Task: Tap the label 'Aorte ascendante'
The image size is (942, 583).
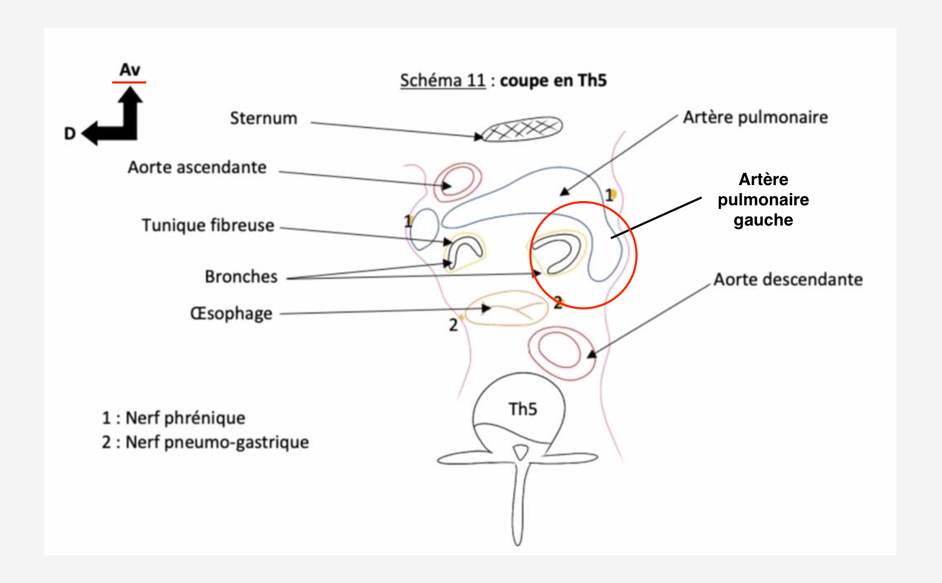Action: (197, 168)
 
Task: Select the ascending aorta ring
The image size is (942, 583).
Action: (457, 182)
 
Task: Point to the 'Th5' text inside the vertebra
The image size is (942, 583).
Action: (523, 409)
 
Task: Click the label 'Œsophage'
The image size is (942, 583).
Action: (231, 313)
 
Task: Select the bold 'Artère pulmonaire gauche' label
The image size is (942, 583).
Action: (763, 199)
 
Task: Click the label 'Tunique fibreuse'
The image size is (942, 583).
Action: (208, 226)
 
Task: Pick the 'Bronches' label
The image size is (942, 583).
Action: (241, 277)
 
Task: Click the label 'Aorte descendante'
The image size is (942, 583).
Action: (788, 280)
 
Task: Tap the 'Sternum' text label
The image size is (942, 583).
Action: (263, 118)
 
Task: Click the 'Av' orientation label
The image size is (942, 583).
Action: (130, 70)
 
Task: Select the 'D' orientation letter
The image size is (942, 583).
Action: (70, 134)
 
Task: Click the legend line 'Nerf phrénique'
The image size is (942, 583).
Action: (174, 418)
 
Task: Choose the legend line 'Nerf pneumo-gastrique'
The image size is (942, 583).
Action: (205, 442)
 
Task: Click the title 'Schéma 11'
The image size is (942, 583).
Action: (442, 81)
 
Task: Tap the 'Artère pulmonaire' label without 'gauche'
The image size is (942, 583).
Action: (755, 118)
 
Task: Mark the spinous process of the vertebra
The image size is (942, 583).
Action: (519, 505)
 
